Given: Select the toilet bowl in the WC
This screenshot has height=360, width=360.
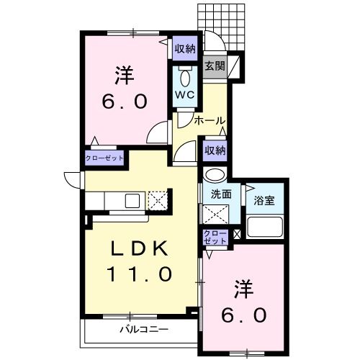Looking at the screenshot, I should tap(185, 76).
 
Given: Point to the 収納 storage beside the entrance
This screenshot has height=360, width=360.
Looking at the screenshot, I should tap(185, 49).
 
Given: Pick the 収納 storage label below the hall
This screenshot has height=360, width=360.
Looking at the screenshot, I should tap(214, 150).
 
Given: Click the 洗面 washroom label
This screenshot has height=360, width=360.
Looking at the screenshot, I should tap(220, 194).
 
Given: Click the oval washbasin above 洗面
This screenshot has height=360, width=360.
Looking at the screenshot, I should tap(215, 176).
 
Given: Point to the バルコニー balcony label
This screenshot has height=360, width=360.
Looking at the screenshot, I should tap(143, 330).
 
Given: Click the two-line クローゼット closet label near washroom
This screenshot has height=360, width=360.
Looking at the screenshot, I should tap(215, 238).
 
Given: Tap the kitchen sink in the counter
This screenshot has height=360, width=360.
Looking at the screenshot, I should tap(132, 200).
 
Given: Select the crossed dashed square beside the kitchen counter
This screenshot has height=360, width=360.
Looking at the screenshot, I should tap(158, 200).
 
